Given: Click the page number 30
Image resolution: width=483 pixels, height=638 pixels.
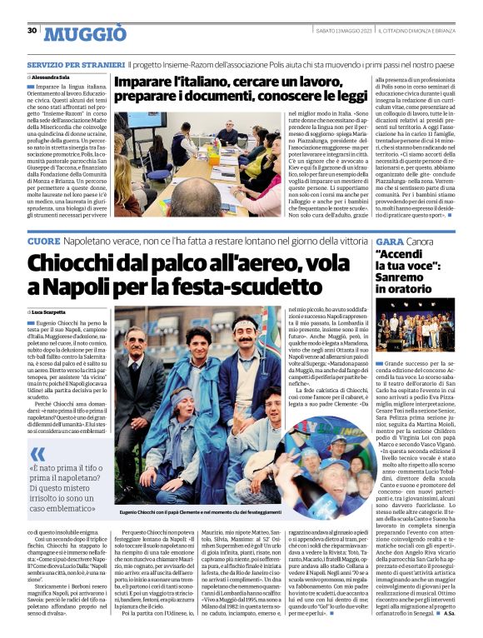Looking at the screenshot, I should [32, 31].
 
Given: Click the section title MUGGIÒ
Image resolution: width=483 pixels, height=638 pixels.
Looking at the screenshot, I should [85, 33].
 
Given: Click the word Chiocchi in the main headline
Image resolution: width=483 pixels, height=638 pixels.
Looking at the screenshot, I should [70, 263].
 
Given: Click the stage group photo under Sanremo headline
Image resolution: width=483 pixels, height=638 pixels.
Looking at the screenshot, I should [414, 325].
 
